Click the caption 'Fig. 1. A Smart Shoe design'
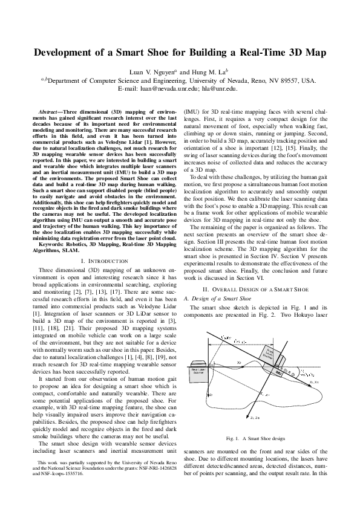click(255, 438)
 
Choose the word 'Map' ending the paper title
click(313, 53)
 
